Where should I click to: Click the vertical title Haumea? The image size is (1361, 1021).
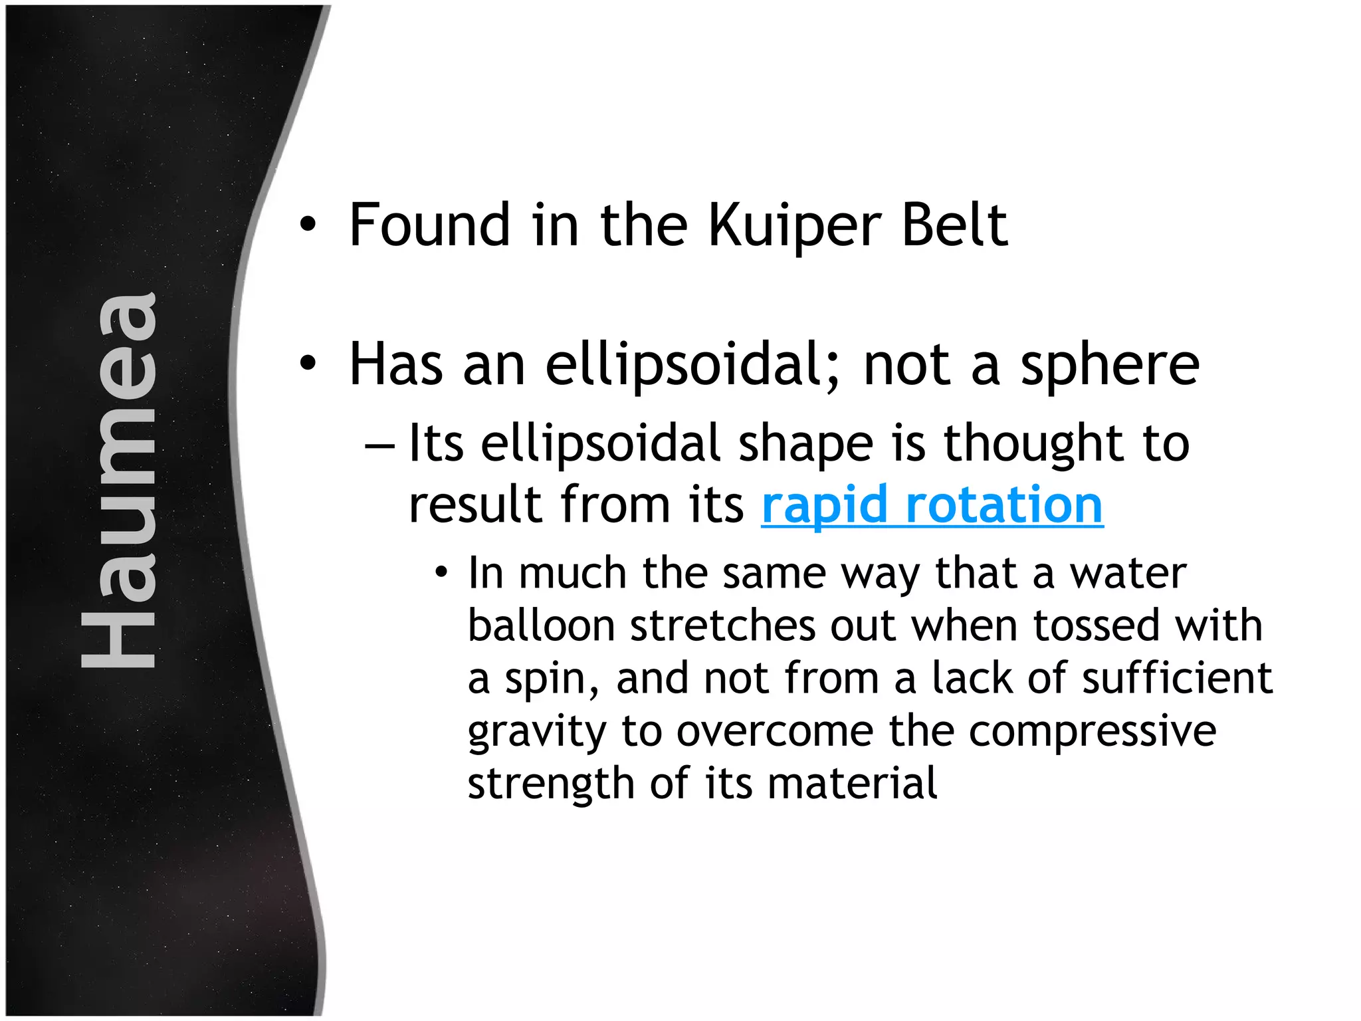point(120,480)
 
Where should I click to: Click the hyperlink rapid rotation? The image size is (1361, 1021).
point(932,505)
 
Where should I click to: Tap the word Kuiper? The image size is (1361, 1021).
point(795,226)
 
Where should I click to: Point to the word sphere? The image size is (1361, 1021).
point(1110,366)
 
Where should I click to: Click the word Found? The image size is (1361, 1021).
point(429,226)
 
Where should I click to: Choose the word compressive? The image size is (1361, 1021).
point(1093,731)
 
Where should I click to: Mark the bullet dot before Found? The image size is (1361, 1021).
point(307,225)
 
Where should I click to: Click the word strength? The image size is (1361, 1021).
point(551,784)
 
